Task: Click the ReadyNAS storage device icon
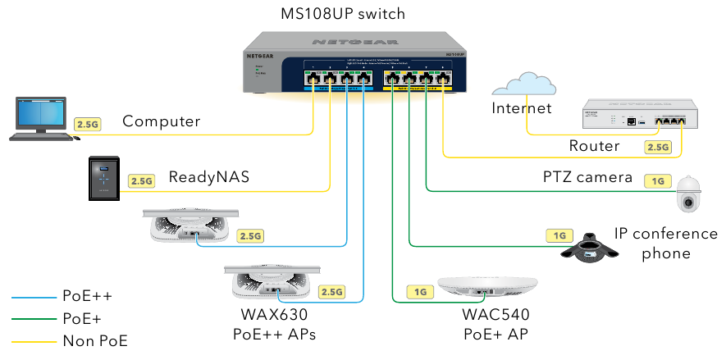point(105,178)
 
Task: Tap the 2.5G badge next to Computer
point(88,124)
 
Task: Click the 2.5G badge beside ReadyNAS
point(141,180)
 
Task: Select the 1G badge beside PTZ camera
point(658,180)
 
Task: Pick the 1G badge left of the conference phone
point(559,236)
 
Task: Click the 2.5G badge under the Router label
point(658,148)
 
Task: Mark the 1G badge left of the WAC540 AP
point(421,292)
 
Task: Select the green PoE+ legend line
point(32,319)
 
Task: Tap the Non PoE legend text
point(95,341)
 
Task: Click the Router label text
point(594,146)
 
